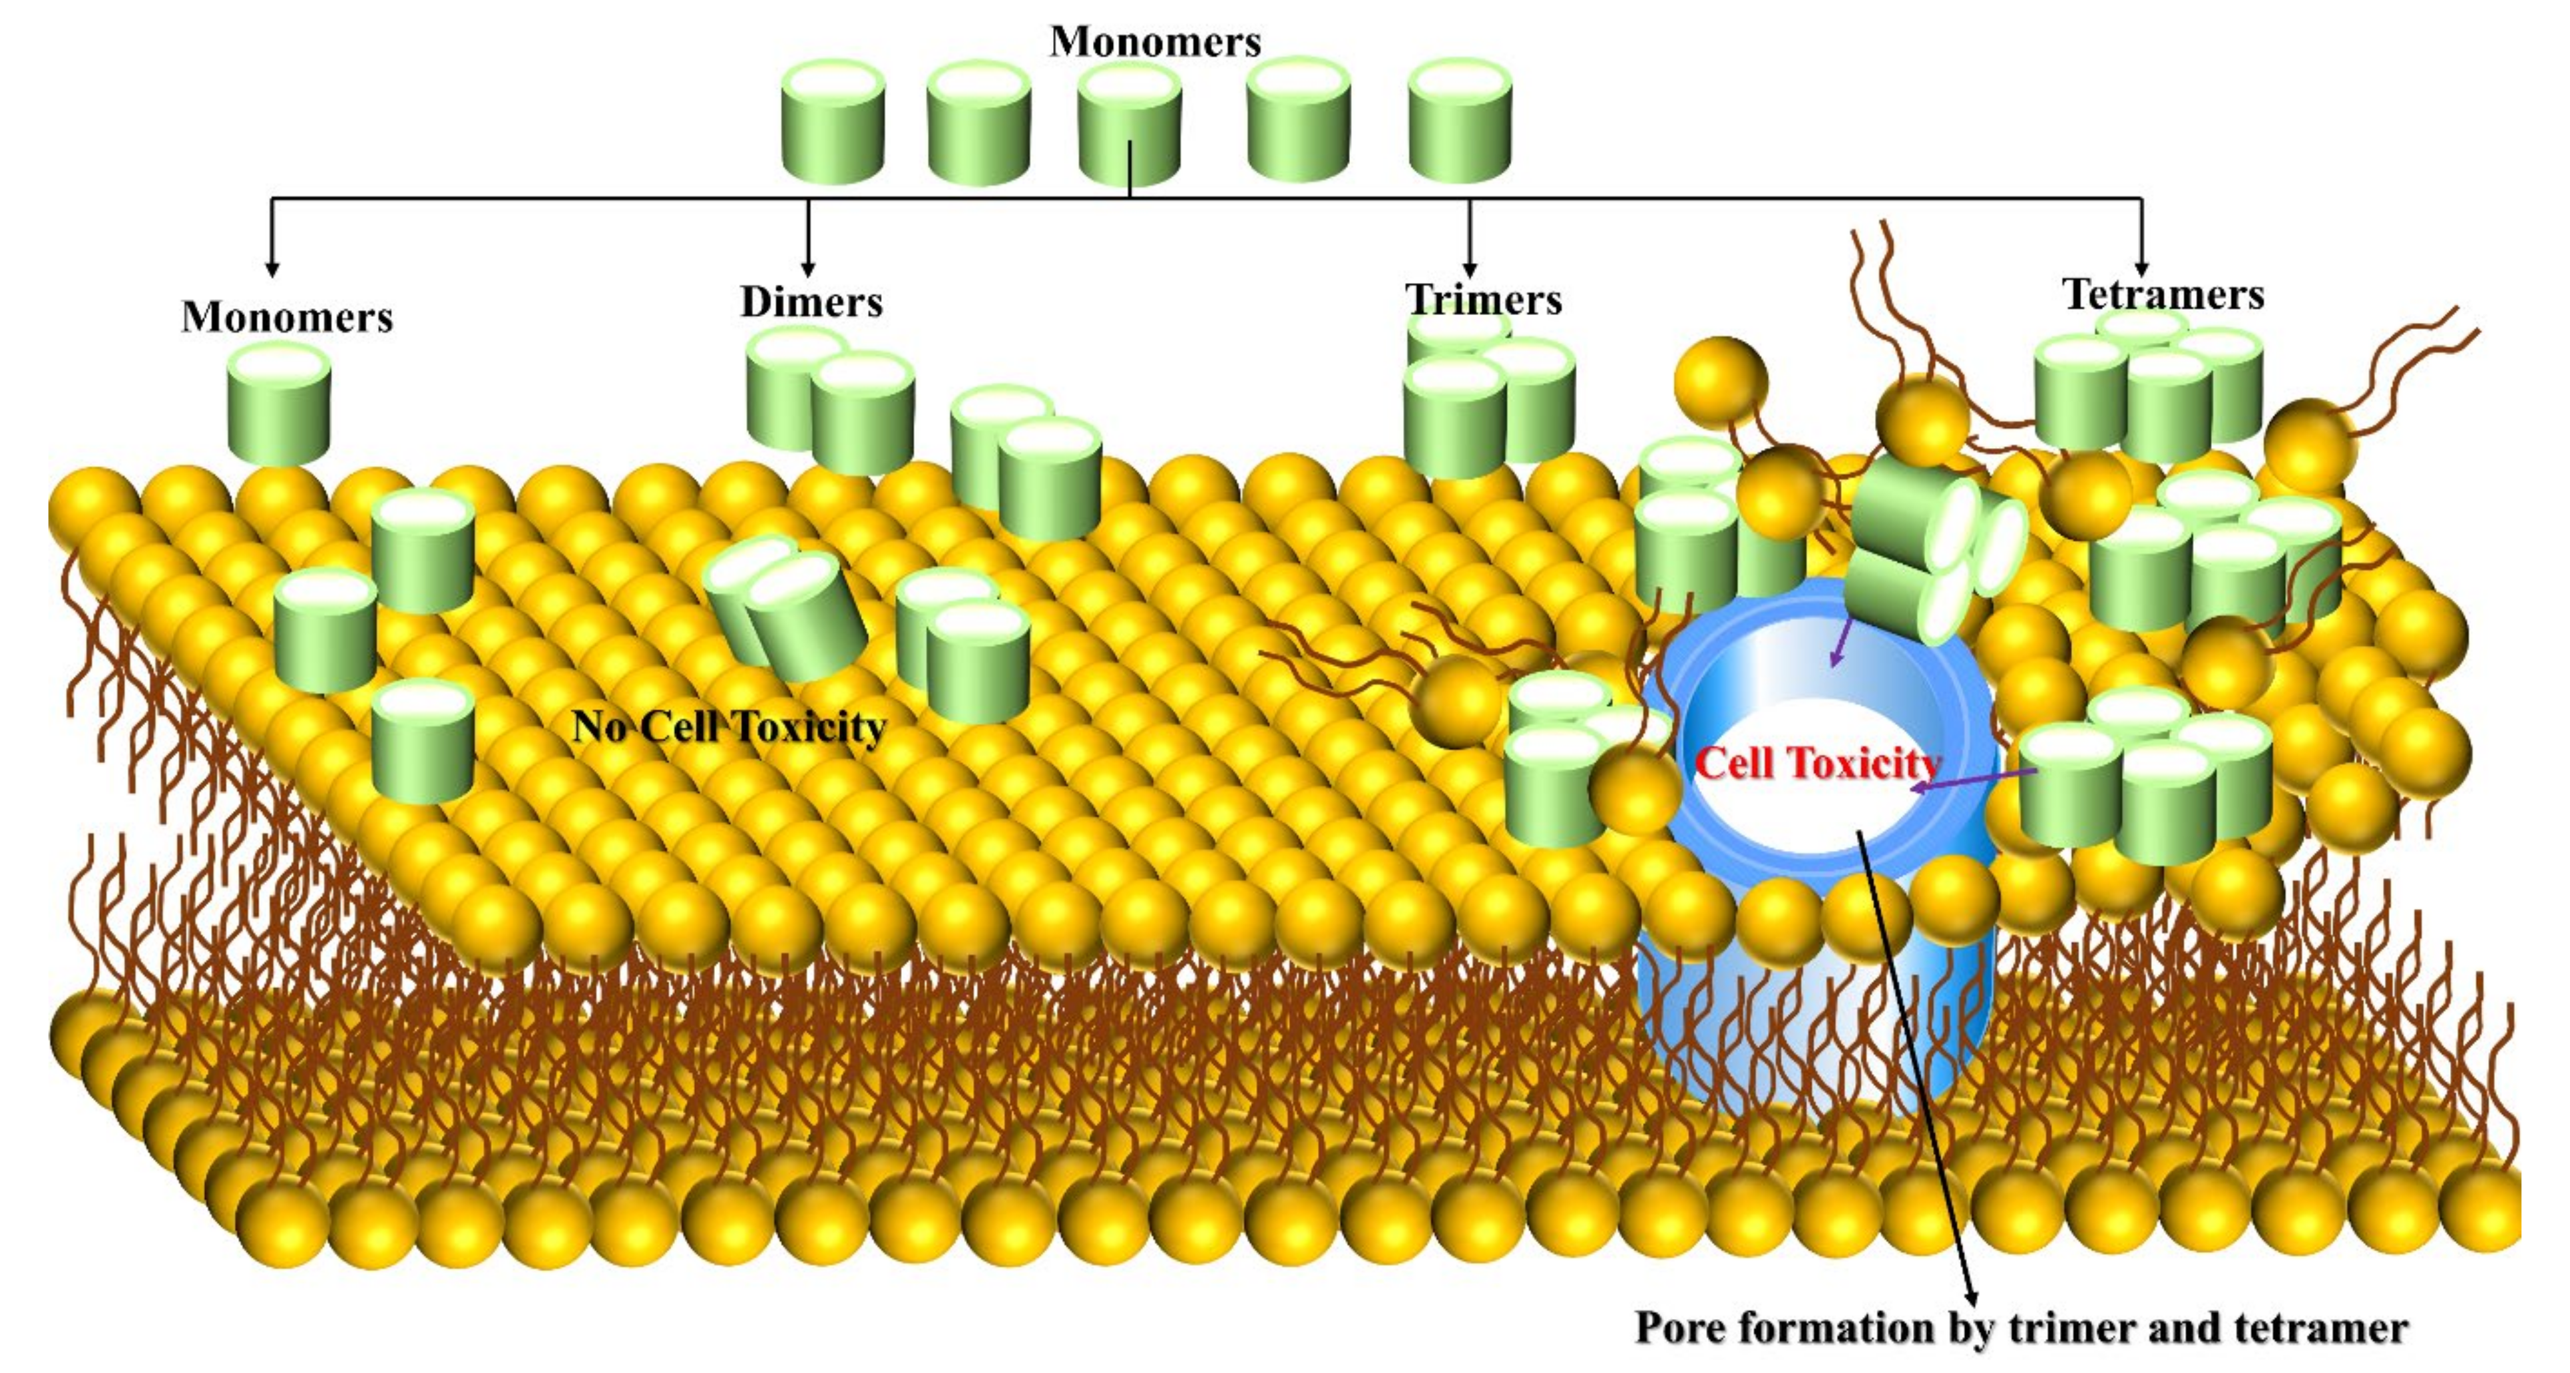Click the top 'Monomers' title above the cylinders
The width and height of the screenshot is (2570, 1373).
click(x=1156, y=42)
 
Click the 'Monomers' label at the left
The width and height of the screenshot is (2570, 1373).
click(x=288, y=318)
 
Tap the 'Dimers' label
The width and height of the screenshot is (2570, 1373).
click(x=811, y=302)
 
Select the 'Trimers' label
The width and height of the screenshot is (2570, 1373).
click(x=1484, y=300)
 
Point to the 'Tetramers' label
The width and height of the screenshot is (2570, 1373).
click(x=2163, y=294)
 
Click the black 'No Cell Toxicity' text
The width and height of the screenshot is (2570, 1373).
click(x=728, y=726)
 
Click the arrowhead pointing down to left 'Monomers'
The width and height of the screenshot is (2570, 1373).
click(x=272, y=270)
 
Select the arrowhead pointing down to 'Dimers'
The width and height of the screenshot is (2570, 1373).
click(x=808, y=270)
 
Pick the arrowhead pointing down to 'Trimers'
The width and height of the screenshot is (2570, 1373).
click(x=1470, y=270)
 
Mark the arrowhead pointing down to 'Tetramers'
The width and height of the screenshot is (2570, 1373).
click(x=2142, y=270)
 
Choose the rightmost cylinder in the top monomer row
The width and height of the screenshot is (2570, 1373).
click(x=1460, y=122)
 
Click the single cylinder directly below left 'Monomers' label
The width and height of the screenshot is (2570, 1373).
click(x=280, y=404)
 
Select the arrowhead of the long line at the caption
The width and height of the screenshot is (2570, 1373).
click(x=1972, y=1293)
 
